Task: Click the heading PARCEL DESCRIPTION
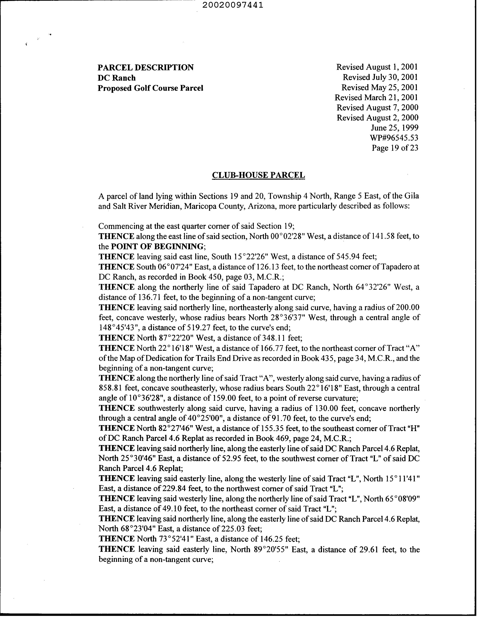tap(146, 67)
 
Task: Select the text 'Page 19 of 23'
tap(395, 148)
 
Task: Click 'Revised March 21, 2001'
tap(376, 97)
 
